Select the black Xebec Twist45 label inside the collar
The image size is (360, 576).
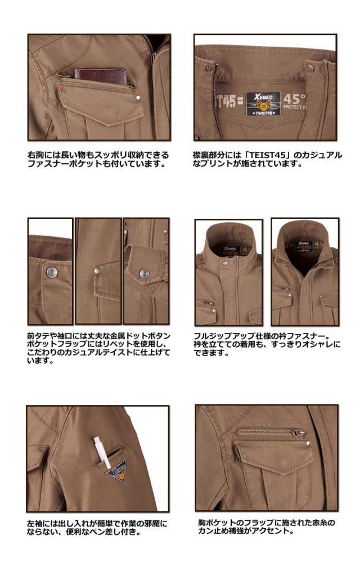[x=264, y=104]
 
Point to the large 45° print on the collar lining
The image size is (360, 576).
[x=294, y=100]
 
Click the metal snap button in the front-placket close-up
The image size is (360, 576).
[x=51, y=272]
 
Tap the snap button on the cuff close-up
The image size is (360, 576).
[x=143, y=274]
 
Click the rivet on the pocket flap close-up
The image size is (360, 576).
[x=97, y=271]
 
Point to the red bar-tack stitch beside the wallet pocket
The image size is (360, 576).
[x=61, y=88]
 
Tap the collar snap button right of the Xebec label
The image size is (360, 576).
[x=310, y=67]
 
